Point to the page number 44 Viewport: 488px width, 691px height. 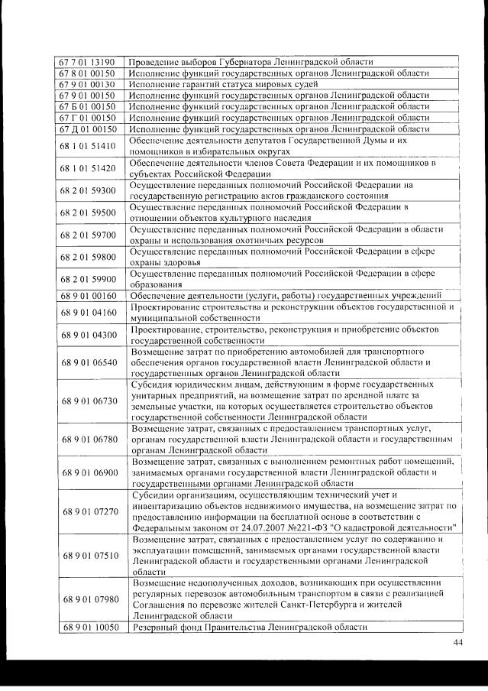pos(457,642)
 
